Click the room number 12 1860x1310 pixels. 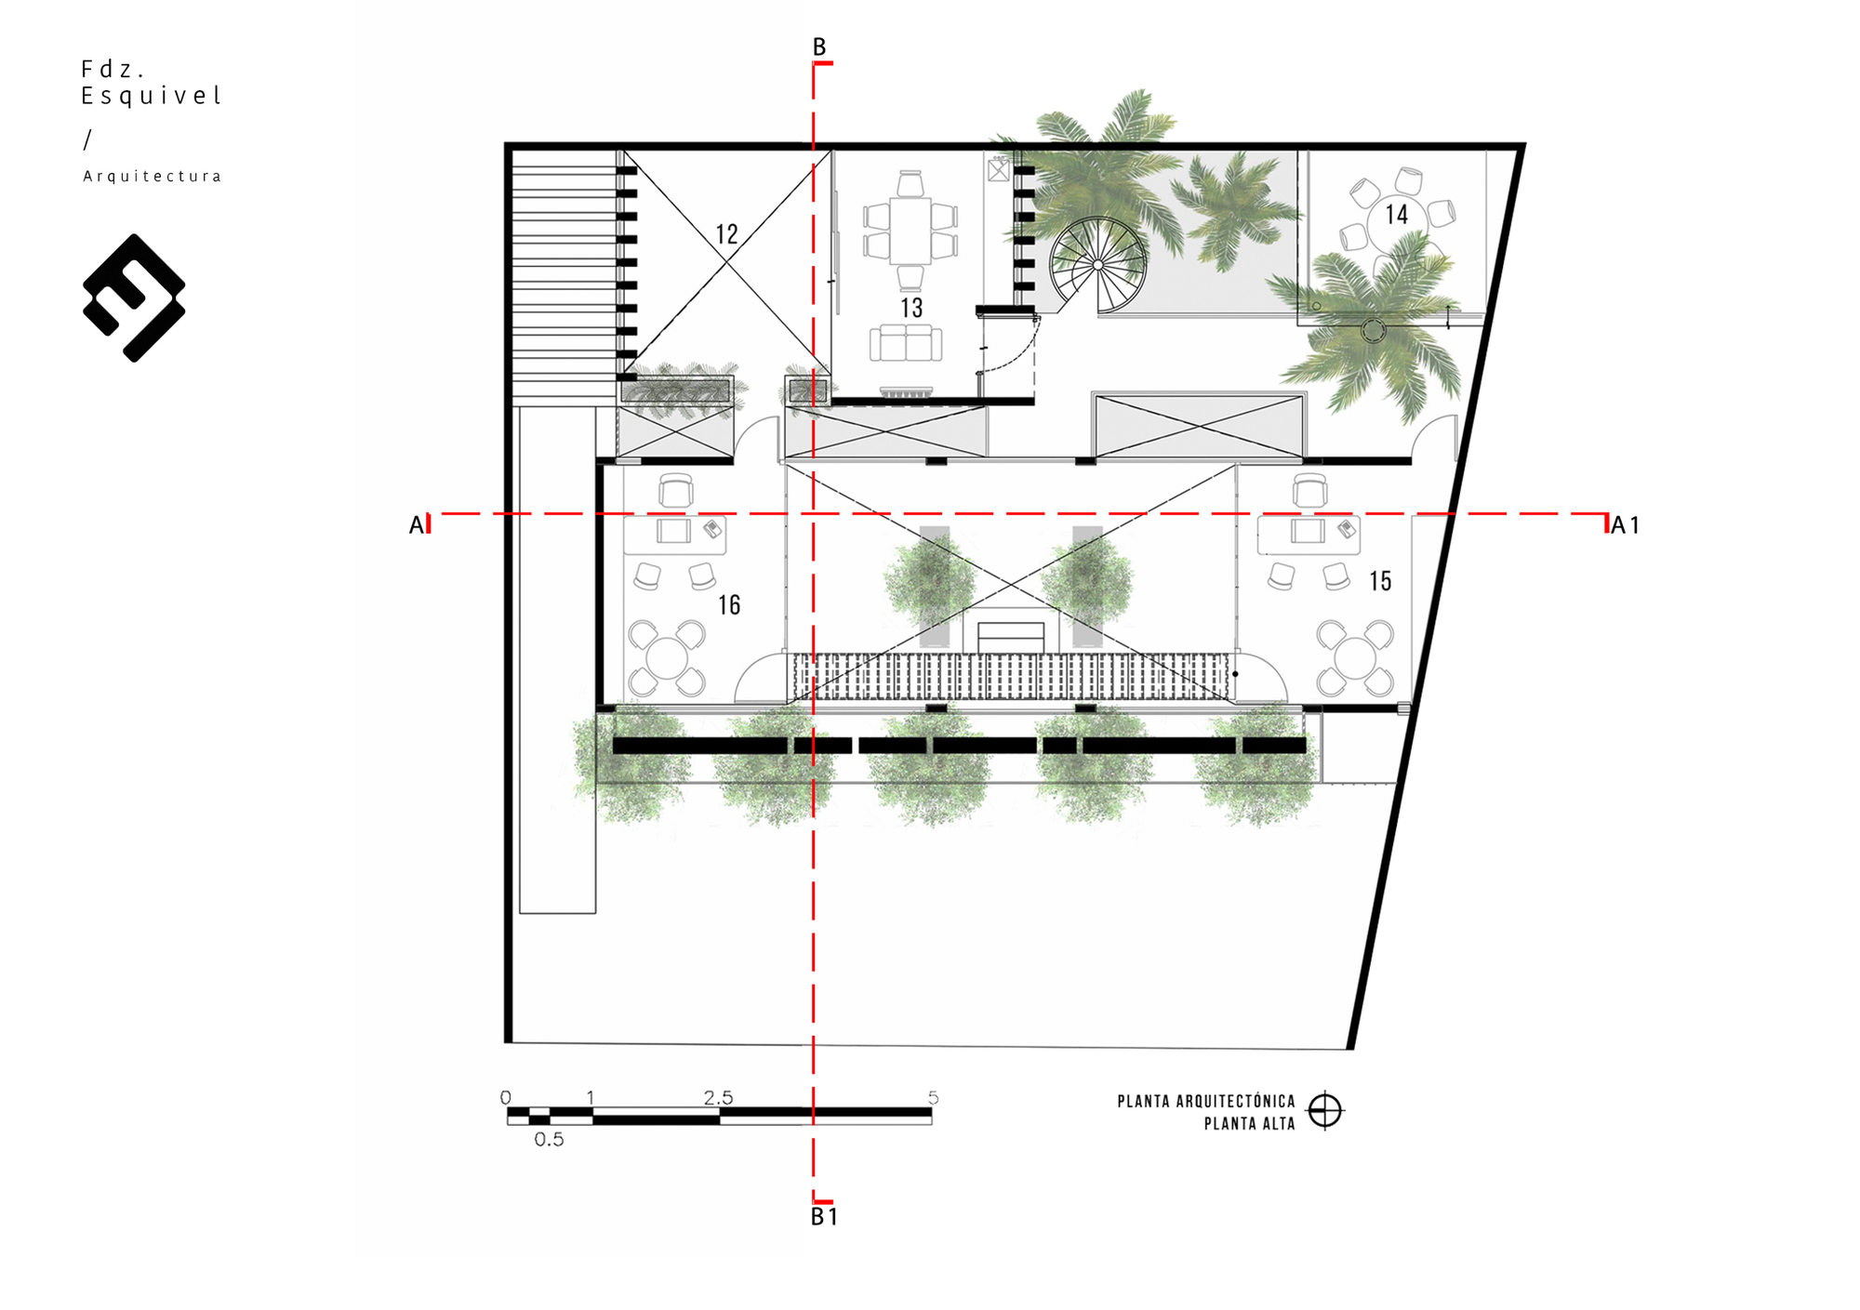tap(726, 233)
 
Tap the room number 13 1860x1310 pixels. tap(911, 308)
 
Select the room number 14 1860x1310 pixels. tap(1397, 215)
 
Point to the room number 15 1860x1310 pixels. tap(1380, 581)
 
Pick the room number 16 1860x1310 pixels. tap(729, 605)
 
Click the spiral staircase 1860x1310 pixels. tap(1098, 266)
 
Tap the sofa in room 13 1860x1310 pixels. tap(906, 343)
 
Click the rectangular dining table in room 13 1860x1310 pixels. tap(910, 230)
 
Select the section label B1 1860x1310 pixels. tap(824, 1217)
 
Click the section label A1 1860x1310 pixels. tap(1625, 525)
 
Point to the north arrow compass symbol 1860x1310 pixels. tap(1325, 1110)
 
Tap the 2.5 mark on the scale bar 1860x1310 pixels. tap(718, 1098)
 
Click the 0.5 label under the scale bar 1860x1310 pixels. tap(549, 1140)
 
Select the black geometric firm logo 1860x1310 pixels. tap(134, 298)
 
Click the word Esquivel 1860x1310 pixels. tap(151, 97)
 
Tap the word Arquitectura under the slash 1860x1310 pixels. tap(153, 177)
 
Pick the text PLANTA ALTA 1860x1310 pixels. tap(1250, 1124)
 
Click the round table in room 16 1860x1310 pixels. tap(667, 658)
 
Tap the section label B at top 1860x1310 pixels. tap(819, 46)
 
